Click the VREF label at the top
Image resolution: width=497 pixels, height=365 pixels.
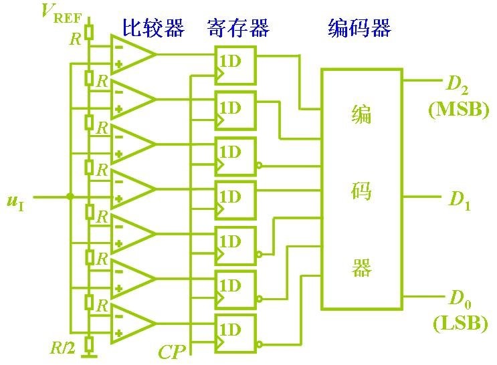60,13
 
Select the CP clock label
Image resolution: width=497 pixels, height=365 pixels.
171,352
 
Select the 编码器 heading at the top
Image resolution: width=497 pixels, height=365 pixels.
359,28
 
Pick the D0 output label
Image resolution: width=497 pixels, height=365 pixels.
460,297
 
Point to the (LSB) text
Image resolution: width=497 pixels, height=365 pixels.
460,324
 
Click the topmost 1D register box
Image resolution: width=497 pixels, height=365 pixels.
235,64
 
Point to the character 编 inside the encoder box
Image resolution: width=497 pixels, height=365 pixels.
362,115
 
